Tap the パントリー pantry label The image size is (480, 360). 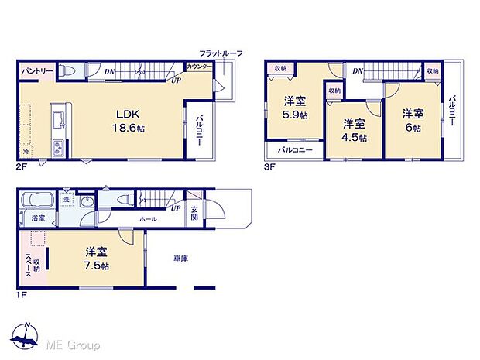pyautogui.click(x=36, y=71)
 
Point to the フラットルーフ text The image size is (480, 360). pyautogui.click(x=221, y=53)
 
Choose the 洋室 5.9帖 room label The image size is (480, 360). pyautogui.click(x=293, y=107)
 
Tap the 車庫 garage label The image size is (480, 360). pyautogui.click(x=181, y=259)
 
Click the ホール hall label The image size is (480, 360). pyautogui.click(x=149, y=220)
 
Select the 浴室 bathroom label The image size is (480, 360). pyautogui.click(x=37, y=219)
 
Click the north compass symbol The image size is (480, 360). pyautogui.click(x=26, y=335)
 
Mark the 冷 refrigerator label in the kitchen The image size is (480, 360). pyautogui.click(x=26, y=153)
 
